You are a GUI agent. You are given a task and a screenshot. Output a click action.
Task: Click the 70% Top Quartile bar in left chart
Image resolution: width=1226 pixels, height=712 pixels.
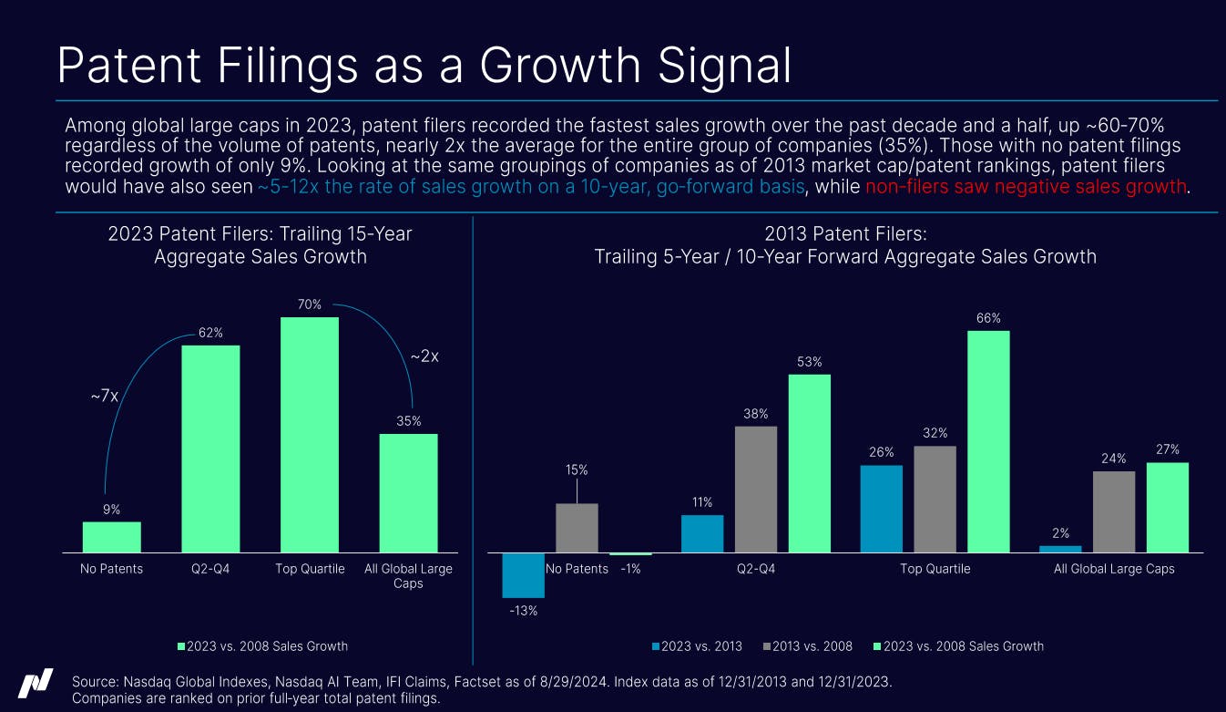point(309,434)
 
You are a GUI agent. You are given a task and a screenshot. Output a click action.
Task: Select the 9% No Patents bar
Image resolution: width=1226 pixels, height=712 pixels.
point(111,537)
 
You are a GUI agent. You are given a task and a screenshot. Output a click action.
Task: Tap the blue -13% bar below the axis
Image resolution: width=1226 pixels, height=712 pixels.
point(523,575)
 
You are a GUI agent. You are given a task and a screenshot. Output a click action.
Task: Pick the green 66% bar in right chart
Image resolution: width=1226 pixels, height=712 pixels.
point(988,441)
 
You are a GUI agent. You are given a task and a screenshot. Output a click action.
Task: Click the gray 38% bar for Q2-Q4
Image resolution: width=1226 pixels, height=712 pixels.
point(755,489)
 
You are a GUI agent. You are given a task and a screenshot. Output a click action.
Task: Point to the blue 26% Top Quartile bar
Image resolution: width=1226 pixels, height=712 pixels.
point(881,509)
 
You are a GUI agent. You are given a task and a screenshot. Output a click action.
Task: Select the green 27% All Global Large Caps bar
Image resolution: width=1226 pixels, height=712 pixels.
point(1168,507)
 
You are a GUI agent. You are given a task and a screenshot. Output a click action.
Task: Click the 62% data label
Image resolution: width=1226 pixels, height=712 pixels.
point(211,333)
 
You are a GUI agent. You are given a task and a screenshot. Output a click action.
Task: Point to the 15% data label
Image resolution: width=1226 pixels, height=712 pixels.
point(577,470)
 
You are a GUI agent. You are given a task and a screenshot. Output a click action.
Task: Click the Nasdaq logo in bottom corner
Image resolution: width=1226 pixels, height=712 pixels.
point(35,684)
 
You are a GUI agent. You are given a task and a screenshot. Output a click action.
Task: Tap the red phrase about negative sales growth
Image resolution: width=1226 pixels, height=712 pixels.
point(1027,187)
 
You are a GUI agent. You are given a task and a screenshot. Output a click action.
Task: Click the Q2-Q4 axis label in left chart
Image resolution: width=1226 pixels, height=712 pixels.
point(210,569)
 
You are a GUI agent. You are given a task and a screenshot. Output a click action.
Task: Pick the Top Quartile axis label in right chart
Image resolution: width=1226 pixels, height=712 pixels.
point(935,569)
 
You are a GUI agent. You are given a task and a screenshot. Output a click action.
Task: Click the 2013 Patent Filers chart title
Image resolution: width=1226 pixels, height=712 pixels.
point(844,234)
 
